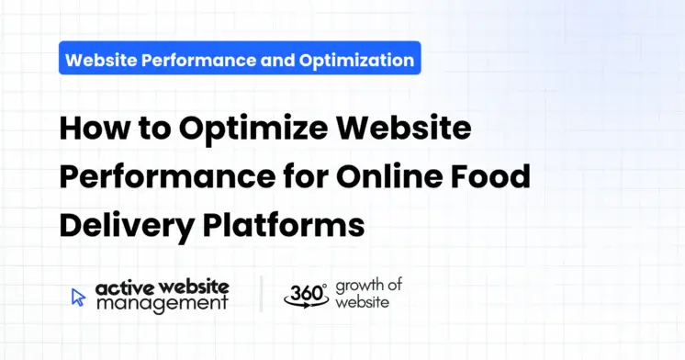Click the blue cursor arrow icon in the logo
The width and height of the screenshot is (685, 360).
(78, 297)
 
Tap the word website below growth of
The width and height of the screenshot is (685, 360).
(361, 301)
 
